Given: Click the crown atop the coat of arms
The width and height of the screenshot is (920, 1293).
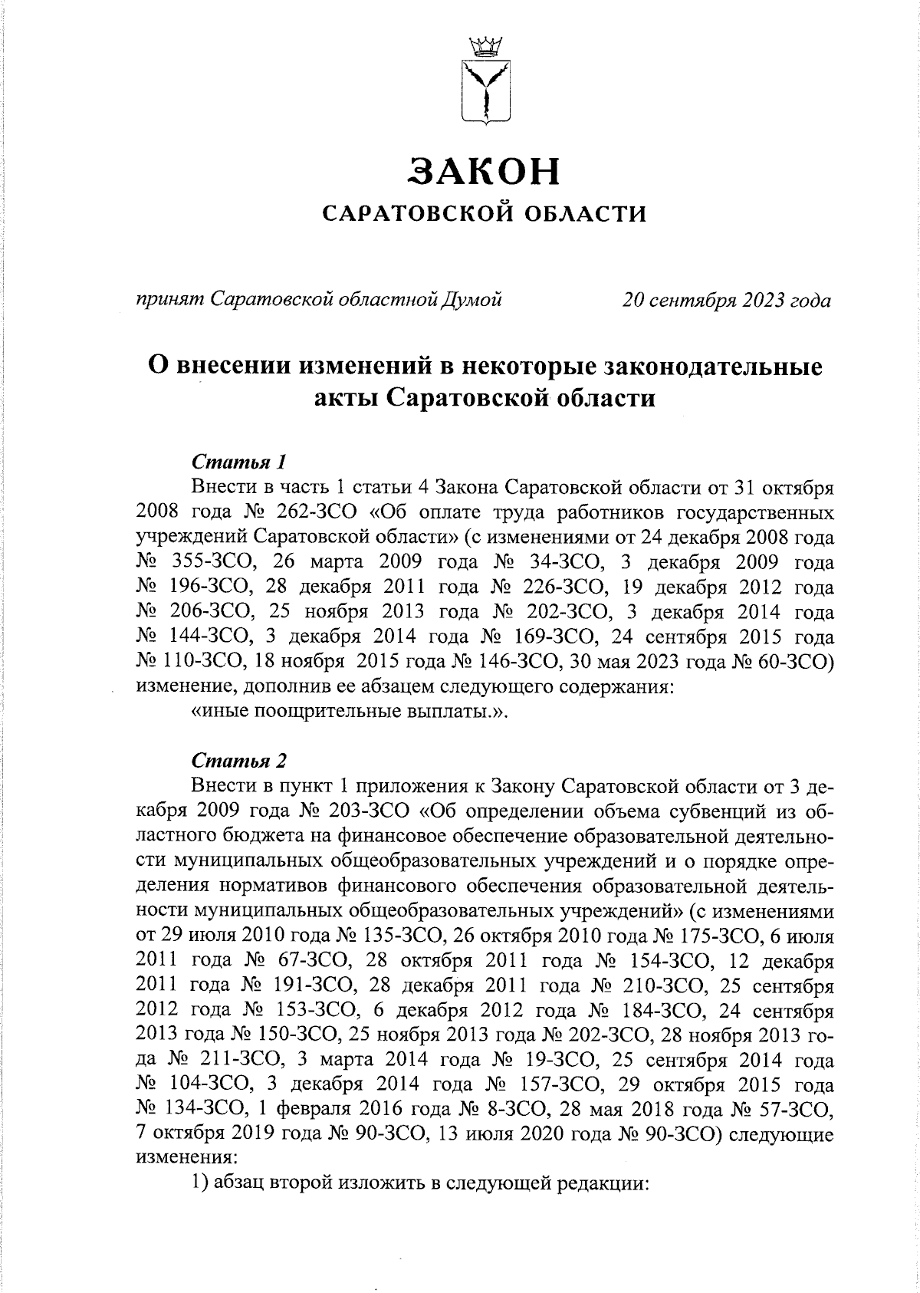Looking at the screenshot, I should tap(485, 47).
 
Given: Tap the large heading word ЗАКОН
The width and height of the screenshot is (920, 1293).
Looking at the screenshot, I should tap(485, 171).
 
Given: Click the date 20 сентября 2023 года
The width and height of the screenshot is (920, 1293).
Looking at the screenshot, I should tap(726, 300).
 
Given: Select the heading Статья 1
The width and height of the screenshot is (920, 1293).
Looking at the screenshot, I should tap(238, 463).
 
